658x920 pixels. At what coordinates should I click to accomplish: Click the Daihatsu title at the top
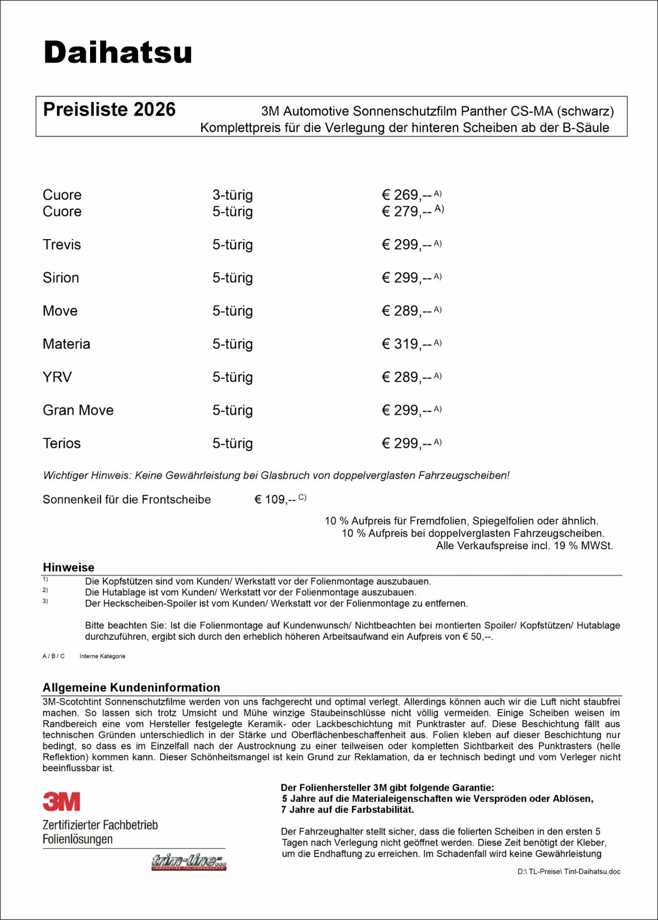click(118, 52)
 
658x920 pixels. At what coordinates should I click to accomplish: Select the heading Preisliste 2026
click(109, 110)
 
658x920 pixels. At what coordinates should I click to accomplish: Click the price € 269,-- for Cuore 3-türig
click(407, 195)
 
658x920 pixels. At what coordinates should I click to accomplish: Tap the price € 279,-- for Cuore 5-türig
click(407, 211)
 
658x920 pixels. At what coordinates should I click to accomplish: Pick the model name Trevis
click(62, 244)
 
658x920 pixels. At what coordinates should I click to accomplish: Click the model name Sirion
click(61, 278)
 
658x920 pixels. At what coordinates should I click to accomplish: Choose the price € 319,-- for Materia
click(407, 344)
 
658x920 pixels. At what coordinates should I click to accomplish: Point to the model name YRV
click(57, 377)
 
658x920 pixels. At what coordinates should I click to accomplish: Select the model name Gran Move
click(78, 410)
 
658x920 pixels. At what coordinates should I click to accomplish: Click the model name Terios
click(62, 443)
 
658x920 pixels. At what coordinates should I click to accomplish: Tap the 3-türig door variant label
click(233, 195)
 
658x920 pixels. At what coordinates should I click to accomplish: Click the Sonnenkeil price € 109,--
click(275, 500)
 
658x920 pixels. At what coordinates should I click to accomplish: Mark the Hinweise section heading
click(68, 567)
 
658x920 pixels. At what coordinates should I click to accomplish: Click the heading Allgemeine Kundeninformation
click(131, 687)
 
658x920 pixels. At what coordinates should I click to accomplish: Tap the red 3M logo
click(61, 801)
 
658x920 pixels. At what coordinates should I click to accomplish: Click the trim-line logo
click(189, 862)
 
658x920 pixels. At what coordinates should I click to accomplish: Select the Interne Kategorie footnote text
click(102, 656)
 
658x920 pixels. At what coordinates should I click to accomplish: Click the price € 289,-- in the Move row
click(407, 311)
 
